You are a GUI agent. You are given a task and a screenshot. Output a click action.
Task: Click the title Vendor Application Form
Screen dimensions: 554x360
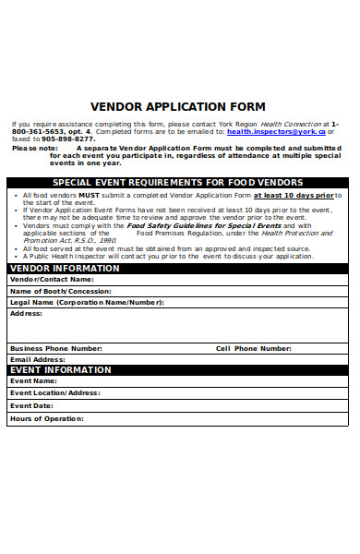pyautogui.click(x=178, y=107)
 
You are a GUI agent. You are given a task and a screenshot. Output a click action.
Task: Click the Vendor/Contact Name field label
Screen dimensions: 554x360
pyautogui.click(x=52, y=279)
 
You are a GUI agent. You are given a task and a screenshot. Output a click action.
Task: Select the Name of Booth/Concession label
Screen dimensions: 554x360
pyautogui.click(x=61, y=291)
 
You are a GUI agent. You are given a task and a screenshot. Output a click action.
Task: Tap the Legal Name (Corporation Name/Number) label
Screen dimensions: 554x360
pyautogui.click(x=87, y=302)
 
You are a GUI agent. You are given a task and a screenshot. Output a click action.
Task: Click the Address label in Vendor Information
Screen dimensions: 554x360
pyautogui.click(x=27, y=313)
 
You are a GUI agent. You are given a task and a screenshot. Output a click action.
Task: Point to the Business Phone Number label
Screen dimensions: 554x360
pyautogui.click(x=55, y=348)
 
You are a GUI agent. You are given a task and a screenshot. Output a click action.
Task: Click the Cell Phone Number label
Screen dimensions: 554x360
pyautogui.click(x=253, y=348)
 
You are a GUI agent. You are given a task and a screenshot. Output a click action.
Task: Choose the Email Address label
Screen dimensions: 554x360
pyautogui.click(x=37, y=359)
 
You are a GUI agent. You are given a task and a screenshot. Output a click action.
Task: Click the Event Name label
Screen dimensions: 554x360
pyautogui.click(x=33, y=380)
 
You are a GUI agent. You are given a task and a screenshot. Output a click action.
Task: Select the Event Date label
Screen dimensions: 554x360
pyautogui.click(x=31, y=405)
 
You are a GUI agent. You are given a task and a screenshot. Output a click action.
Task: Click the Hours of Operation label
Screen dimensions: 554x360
pyautogui.click(x=46, y=418)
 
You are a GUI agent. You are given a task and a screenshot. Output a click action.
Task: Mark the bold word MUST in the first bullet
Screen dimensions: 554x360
pyautogui.click(x=89, y=196)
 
